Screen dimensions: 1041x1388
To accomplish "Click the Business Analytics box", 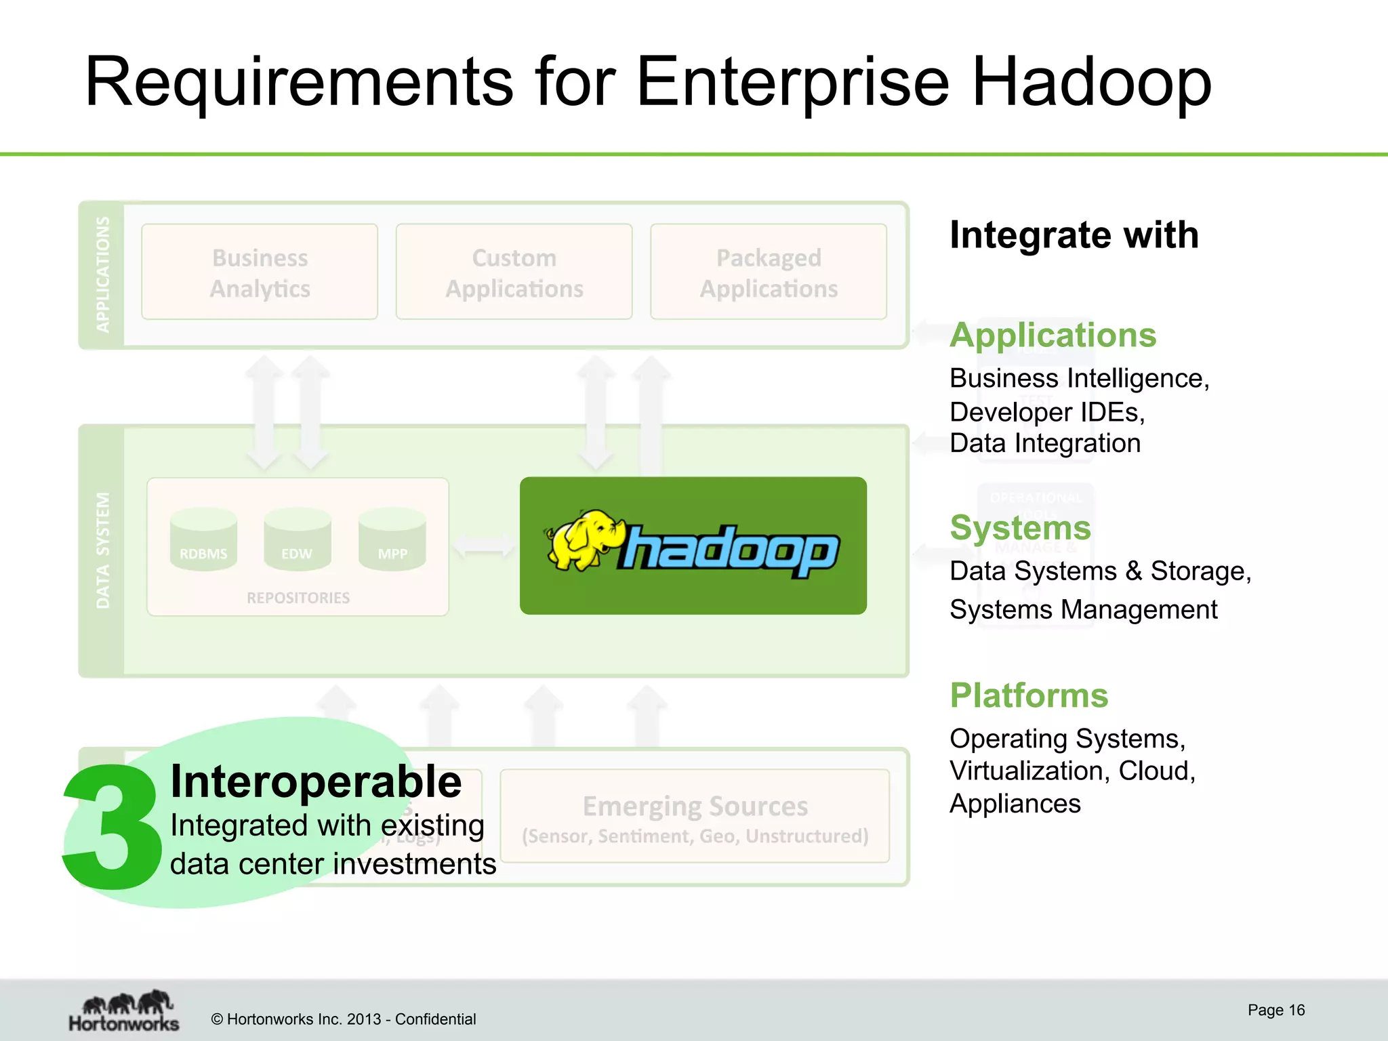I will [260, 272].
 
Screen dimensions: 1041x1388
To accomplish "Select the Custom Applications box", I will [514, 272].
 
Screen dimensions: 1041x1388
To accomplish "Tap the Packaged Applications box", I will [769, 272].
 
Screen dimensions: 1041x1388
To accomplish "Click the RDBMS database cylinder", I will [203, 541].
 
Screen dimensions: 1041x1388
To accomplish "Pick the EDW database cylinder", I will [298, 541].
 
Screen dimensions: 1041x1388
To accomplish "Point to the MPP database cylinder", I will [392, 541].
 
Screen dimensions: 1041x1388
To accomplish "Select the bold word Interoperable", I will [316, 782].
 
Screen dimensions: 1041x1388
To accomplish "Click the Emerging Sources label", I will [695, 807].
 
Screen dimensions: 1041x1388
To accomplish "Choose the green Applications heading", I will [1053, 335].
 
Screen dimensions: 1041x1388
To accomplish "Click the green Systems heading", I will [1021, 527].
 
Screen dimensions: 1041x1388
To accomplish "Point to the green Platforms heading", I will [1029, 695].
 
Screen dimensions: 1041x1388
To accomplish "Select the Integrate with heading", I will [1074, 235].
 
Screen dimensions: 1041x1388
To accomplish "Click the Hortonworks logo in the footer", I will [124, 1011].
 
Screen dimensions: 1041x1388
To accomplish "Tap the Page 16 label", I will [1276, 1010].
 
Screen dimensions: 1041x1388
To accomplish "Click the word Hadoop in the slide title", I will [1091, 83].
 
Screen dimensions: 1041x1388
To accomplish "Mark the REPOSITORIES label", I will [298, 598].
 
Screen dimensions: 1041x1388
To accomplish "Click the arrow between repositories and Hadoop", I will [484, 545].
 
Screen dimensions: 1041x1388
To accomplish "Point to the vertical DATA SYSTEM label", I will [102, 550].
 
